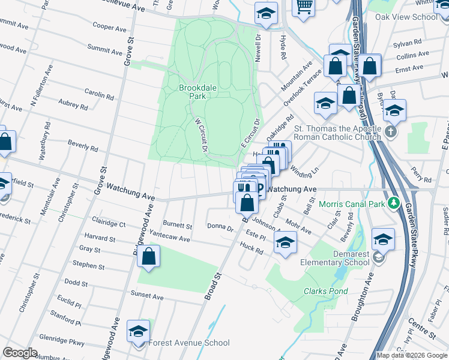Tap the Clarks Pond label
click(325, 292)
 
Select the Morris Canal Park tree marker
click(394, 204)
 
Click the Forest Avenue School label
click(188, 343)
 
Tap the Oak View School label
click(406, 17)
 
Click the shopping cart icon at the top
click(304, 6)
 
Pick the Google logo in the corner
click(20, 353)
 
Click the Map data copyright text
click(411, 355)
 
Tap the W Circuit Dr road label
click(200, 134)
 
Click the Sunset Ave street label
click(147, 296)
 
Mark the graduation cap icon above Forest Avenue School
click(138, 331)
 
